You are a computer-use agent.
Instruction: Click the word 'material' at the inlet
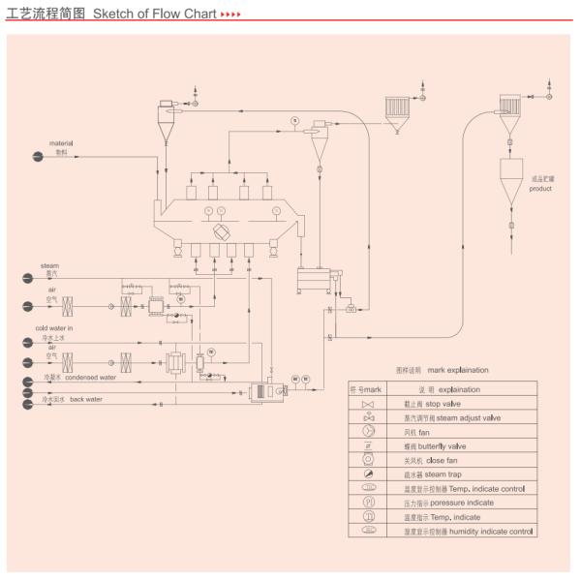61,143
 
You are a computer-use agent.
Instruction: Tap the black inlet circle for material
37,158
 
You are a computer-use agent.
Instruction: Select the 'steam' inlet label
49,265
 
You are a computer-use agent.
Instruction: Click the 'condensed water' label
90,378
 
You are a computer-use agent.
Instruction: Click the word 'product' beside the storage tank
540,189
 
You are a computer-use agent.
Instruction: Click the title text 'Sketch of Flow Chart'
154,16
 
